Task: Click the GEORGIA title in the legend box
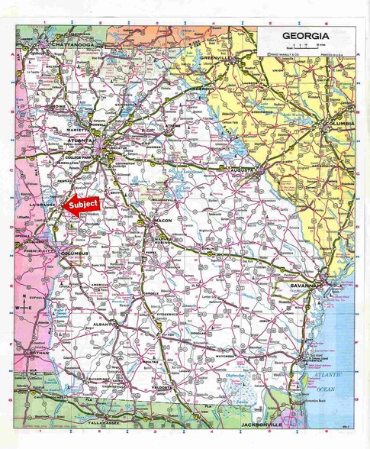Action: coord(305,36)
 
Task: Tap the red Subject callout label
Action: coord(82,205)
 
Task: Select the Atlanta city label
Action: coord(80,142)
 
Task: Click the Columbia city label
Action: coord(335,124)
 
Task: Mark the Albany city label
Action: coord(101,325)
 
